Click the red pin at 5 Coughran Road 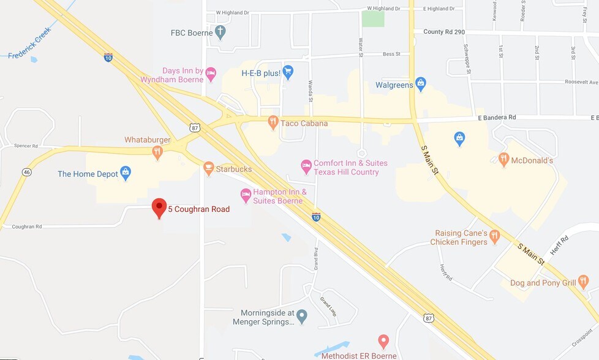(159, 207)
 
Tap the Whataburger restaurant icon (157, 152)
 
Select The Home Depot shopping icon (126, 173)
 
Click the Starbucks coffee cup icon (209, 168)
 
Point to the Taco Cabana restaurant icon (273, 122)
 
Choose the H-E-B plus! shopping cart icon (288, 72)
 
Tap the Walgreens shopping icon (420, 84)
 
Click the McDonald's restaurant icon (504, 160)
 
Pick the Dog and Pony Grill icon (583, 282)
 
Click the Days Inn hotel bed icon (211, 75)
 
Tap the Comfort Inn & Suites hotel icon (306, 167)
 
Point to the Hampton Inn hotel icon (246, 195)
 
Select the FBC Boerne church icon (220, 32)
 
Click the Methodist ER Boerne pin (383, 340)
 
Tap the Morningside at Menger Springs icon (302, 316)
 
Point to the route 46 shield (26, 172)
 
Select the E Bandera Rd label (497, 117)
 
